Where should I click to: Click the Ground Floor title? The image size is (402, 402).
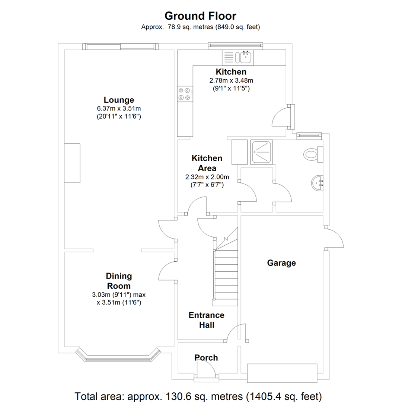(x=200, y=16)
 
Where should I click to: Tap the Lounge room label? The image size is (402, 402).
(x=119, y=100)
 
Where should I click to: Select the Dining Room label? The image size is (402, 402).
(x=119, y=281)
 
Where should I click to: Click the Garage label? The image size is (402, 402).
(x=281, y=263)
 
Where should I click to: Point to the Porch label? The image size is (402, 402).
(x=206, y=358)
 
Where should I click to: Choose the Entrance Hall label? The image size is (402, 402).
(x=206, y=320)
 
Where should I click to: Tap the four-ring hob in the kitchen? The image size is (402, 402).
(x=185, y=93)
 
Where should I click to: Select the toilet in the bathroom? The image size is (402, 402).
(x=313, y=154)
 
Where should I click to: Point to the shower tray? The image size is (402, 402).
(x=261, y=152)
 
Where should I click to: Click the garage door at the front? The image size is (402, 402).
(x=282, y=373)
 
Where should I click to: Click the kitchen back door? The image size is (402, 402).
(x=283, y=117)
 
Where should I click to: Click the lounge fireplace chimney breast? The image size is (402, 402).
(x=72, y=163)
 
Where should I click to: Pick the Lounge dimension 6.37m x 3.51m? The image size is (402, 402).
(x=119, y=109)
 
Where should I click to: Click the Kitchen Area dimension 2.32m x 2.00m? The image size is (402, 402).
(x=207, y=177)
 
